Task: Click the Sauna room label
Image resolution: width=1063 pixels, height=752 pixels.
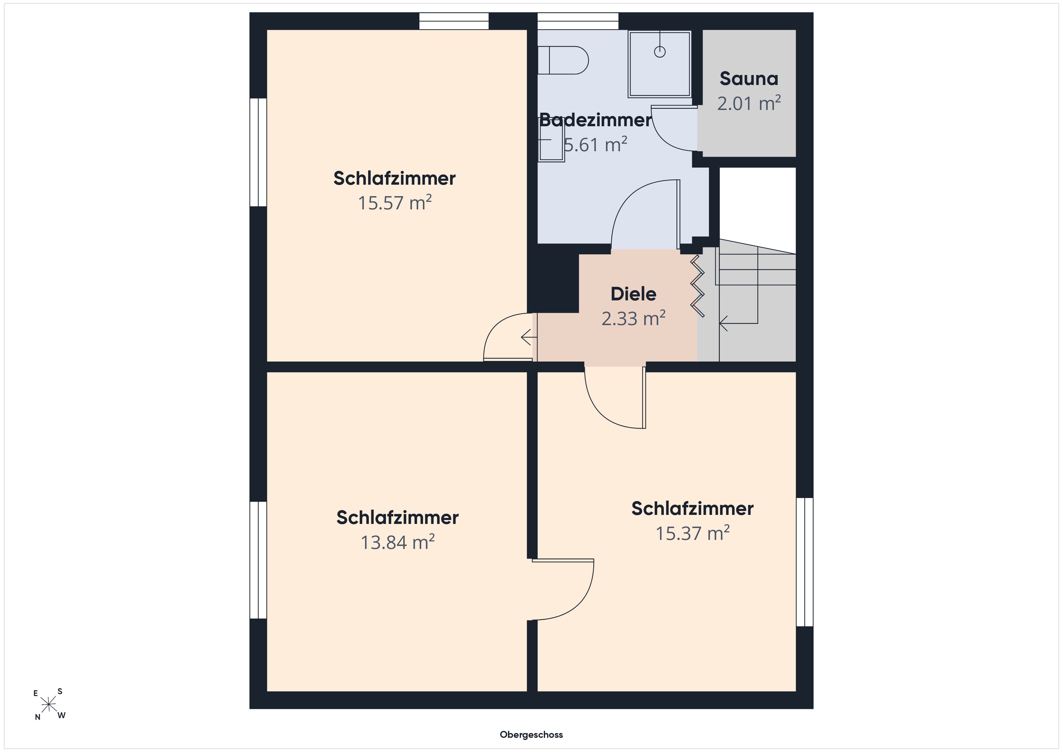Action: (749, 79)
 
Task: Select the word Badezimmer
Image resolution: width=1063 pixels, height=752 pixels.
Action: (596, 121)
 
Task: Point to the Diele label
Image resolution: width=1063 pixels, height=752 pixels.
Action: (633, 294)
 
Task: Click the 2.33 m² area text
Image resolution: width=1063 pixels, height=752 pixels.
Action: (633, 318)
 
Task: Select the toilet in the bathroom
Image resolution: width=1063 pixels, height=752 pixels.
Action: (563, 60)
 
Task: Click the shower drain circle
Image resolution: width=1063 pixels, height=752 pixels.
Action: (660, 52)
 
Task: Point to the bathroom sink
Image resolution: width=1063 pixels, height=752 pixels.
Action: (551, 139)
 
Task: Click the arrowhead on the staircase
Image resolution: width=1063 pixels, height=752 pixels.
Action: (723, 323)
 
